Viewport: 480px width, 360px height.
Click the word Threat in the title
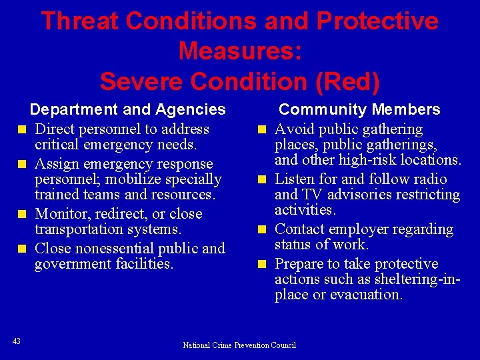[x=79, y=21]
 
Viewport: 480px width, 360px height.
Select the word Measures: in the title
[x=240, y=51]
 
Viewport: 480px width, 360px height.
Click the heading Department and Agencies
[x=128, y=109]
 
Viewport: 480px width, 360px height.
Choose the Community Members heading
[x=359, y=109]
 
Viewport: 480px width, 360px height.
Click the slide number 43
[x=17, y=341]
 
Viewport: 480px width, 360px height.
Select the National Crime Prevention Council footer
[x=239, y=345]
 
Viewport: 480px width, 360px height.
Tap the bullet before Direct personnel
[x=22, y=129]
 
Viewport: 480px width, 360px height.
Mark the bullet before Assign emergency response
[x=22, y=164]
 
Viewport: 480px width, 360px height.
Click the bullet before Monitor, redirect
[x=22, y=214]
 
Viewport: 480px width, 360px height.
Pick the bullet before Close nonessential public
[x=22, y=249]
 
